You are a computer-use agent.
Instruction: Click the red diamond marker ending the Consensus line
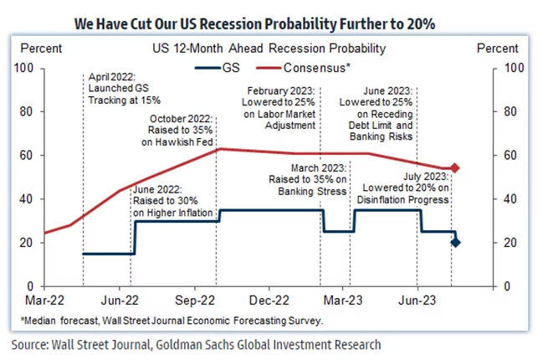tap(454, 168)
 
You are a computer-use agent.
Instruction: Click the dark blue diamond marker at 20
tap(454, 243)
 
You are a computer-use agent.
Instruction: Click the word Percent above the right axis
tap(498, 49)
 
